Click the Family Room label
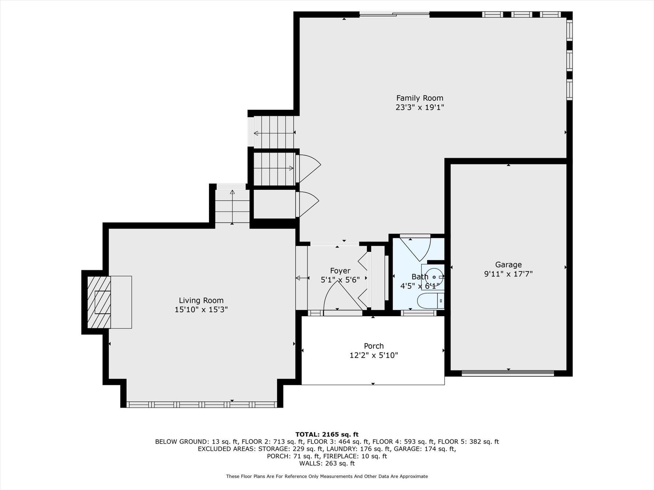[420, 98]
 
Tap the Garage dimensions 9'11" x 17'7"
[508, 274]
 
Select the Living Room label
[201, 300]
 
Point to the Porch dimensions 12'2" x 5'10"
[374, 355]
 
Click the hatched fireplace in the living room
[99, 302]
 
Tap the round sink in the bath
[433, 277]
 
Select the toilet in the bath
[431, 301]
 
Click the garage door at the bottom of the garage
[508, 373]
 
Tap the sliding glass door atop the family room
[394, 15]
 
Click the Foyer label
[340, 271]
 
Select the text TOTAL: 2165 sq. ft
[327, 434]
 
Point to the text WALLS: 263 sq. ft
[327, 463]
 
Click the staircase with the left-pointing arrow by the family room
[274, 132]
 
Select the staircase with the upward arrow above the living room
[232, 206]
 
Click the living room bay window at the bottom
[202, 404]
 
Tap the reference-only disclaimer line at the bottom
[327, 476]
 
